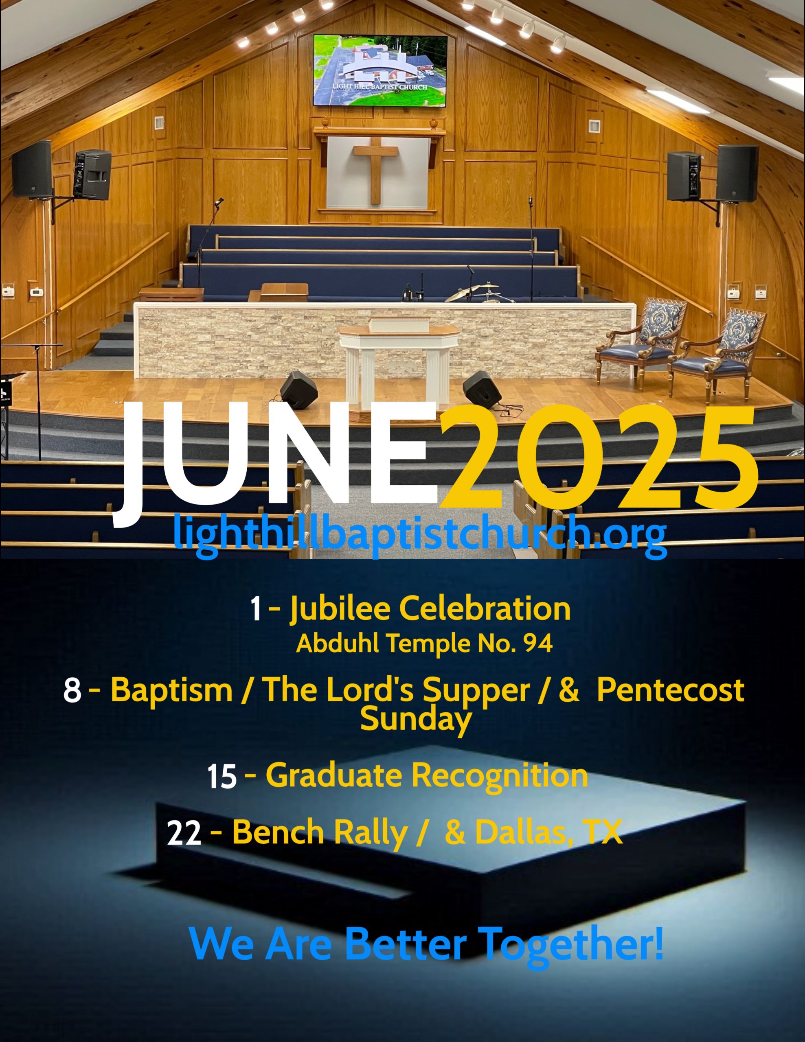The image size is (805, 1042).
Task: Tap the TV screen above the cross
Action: [x=380, y=70]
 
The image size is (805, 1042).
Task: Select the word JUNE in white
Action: [x=275, y=461]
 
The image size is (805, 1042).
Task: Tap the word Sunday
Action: [x=416, y=718]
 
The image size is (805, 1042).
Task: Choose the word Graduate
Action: [x=333, y=775]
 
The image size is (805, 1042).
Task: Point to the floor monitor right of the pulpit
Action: [x=483, y=389]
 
